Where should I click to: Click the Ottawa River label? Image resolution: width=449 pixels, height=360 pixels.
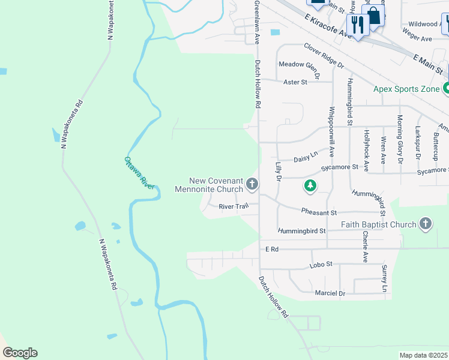pos(140,173)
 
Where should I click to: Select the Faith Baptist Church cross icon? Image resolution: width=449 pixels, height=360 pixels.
pos(426,224)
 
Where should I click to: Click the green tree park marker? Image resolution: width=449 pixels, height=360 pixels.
pos(310,186)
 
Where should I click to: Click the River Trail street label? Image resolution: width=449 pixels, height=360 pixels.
pos(234,206)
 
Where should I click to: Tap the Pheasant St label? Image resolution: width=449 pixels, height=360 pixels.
pos(319,212)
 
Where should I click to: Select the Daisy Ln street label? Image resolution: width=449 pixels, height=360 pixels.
pos(306,158)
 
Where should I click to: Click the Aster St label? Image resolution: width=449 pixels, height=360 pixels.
pos(295,81)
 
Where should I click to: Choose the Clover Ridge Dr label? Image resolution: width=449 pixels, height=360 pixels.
pos(324,55)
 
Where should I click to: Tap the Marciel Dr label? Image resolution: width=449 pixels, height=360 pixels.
pos(330,293)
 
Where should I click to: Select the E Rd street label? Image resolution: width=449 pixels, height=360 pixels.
pos(272,248)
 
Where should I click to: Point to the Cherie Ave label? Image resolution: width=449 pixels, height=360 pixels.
pos(365,247)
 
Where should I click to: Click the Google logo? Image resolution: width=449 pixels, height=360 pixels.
pos(20,353)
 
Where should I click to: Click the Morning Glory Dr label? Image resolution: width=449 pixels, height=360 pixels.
pos(399,140)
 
